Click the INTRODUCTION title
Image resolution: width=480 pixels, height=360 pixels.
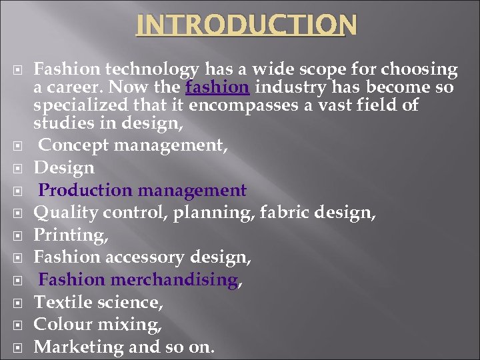pos(247,25)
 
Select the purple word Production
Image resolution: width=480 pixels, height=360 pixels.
pos(85,190)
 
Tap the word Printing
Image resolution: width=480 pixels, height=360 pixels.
pos(70,235)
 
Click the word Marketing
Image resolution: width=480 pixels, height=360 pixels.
pos(73,347)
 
